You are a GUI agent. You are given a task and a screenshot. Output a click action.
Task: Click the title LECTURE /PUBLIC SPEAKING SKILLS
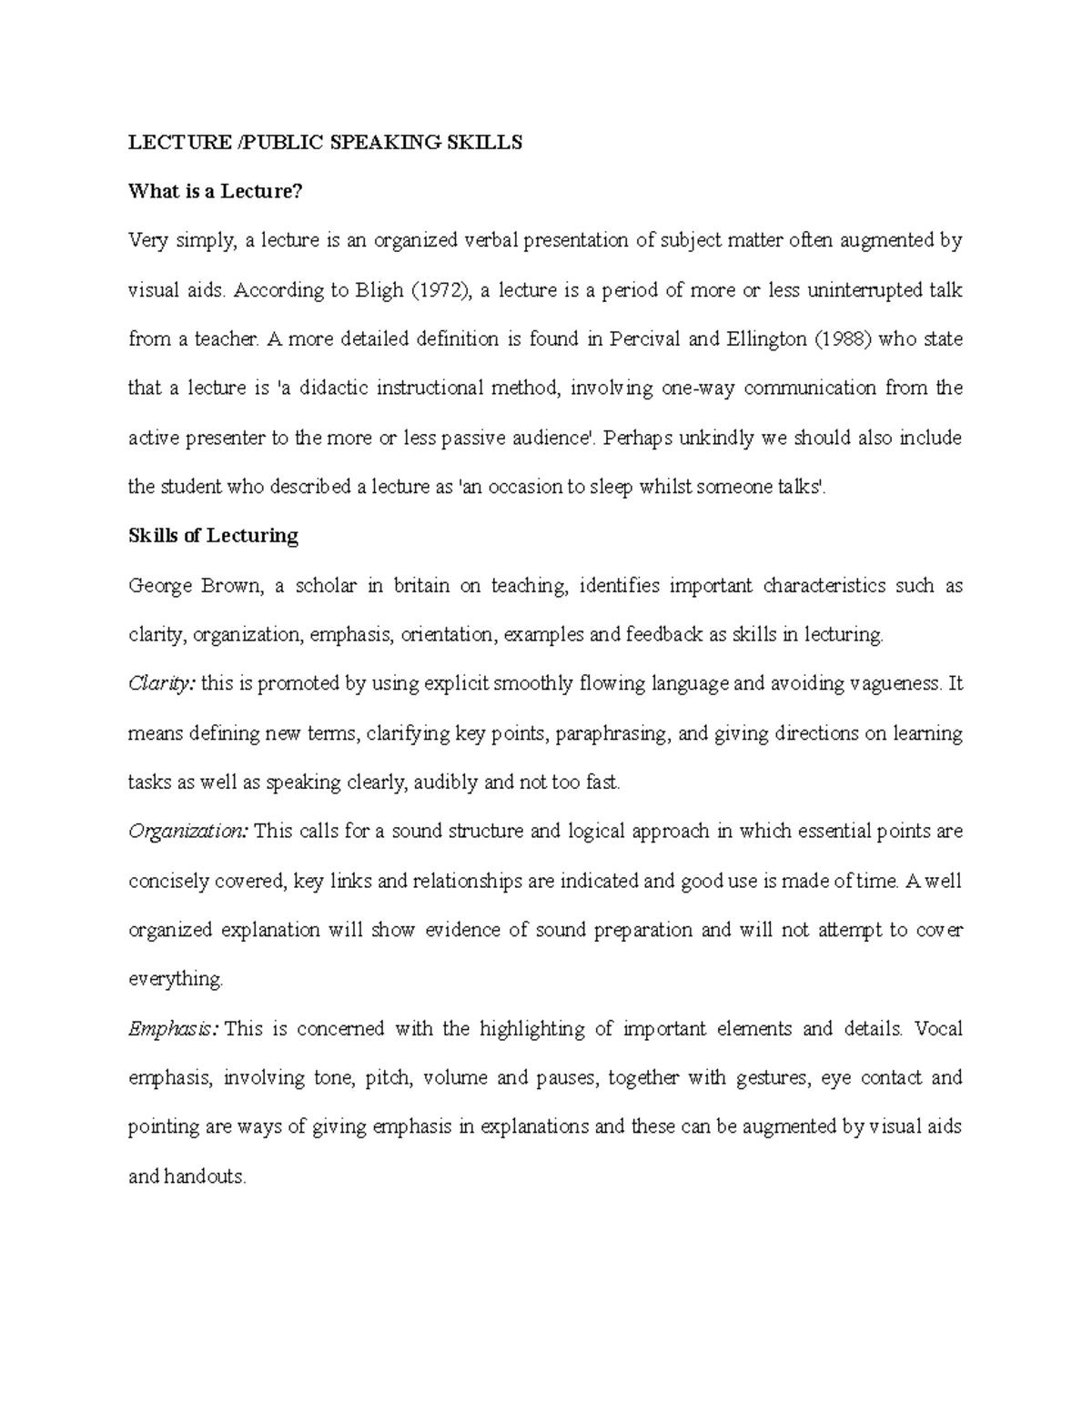point(325,142)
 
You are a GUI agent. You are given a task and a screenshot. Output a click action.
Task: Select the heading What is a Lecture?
point(215,191)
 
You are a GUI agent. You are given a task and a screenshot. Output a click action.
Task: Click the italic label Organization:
point(188,832)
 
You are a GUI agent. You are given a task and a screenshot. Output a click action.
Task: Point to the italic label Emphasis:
point(173,1029)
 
